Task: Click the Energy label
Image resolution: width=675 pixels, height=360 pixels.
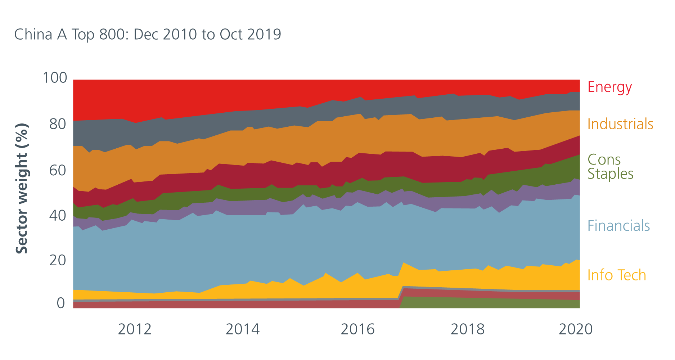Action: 609,87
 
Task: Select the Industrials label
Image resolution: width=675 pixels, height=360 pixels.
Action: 620,124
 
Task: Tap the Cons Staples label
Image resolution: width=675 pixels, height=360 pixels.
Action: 610,167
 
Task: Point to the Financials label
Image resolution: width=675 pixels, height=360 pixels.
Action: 618,226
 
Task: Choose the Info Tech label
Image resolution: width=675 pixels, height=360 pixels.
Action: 616,275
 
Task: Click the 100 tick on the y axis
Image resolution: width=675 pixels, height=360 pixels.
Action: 55,78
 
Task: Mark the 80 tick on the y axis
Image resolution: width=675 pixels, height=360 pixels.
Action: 58,124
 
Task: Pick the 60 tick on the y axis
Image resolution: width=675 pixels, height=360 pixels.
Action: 58,171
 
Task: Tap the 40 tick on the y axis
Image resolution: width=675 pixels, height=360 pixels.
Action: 58,216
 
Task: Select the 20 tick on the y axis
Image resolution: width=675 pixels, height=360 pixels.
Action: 58,260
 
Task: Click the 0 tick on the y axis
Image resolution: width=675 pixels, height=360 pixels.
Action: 61,303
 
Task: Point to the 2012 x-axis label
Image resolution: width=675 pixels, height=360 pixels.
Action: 135,329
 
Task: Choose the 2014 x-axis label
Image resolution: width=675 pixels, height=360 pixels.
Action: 242,329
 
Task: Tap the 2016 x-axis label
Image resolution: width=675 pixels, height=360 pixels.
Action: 357,329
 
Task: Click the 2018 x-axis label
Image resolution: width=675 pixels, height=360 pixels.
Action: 468,329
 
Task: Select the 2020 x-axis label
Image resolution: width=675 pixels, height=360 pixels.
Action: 575,329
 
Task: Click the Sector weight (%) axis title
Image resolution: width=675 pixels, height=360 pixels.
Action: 22,188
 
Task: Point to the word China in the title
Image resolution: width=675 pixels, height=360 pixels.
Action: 33,35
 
